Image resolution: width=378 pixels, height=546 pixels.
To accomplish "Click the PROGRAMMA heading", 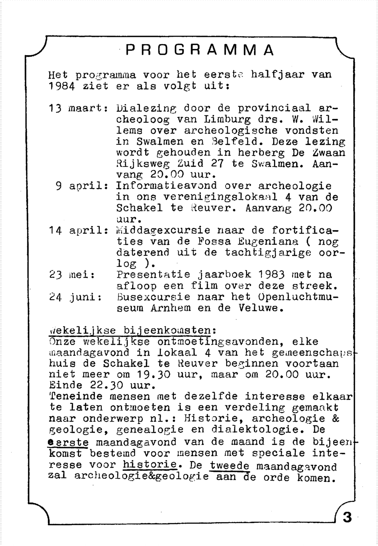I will (200, 50).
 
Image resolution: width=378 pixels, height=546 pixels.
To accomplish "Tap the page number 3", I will (347, 517).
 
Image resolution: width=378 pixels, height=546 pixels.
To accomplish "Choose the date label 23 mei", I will (71, 275).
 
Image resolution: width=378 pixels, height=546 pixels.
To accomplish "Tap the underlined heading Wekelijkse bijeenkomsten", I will (132, 330).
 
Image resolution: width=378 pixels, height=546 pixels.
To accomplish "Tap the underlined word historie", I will (150, 464).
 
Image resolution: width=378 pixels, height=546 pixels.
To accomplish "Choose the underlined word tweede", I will (229, 465).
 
